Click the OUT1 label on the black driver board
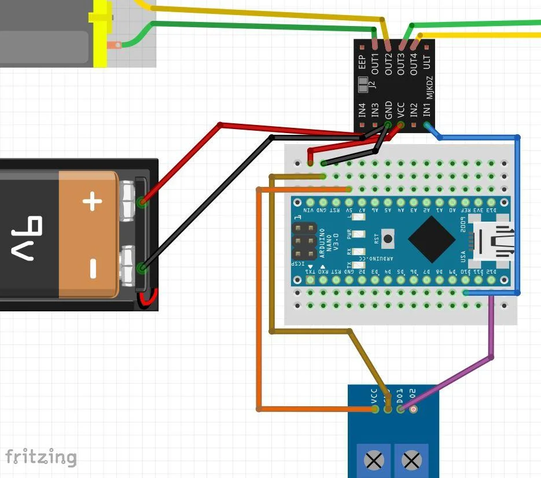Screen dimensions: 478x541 tap(375, 63)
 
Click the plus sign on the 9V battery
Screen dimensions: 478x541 tap(92, 202)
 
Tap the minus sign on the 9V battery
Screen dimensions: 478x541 tap(92, 267)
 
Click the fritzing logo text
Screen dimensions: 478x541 tap(41, 457)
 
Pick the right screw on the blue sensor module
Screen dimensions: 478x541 tap(411, 461)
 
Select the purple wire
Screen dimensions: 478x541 tap(492, 330)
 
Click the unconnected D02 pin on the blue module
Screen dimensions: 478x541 tap(413, 409)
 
